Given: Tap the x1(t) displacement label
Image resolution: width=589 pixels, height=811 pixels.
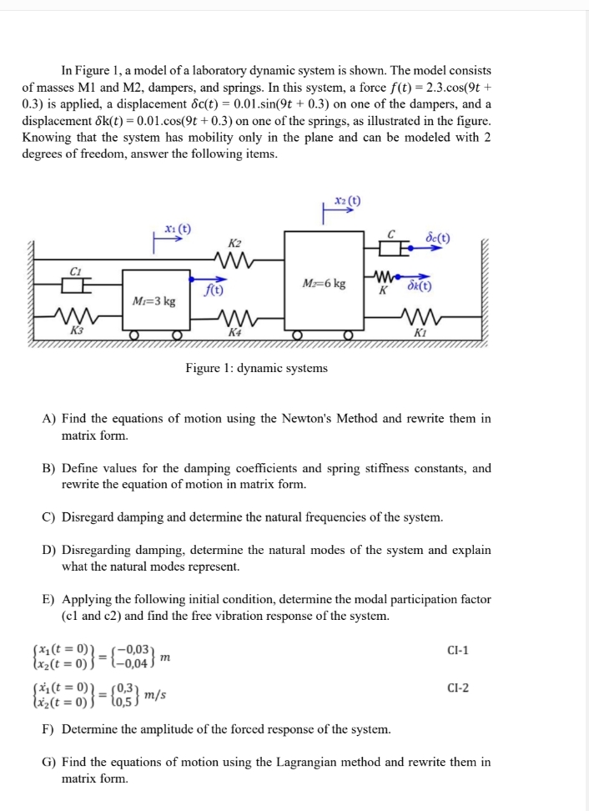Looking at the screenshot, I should pos(177,229).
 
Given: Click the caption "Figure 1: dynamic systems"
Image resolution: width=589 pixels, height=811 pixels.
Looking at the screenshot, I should pos(256,368).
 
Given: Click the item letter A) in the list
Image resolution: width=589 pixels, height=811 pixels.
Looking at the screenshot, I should pos(48,419).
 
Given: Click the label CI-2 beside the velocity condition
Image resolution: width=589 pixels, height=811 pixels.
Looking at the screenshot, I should pos(458,688).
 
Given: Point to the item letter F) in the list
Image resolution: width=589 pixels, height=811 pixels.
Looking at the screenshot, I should pos(48,728).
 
